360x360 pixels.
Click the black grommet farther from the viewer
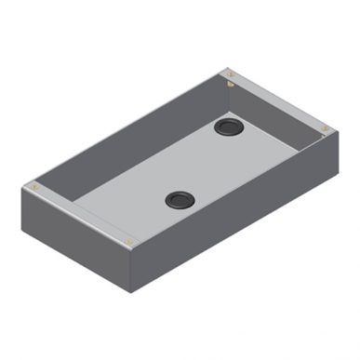coord(227,126)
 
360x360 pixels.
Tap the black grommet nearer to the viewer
coord(177,198)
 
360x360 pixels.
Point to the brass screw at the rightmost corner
coord(324,128)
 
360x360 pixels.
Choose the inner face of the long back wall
coord(130,140)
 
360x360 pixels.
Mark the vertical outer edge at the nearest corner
coord(129,265)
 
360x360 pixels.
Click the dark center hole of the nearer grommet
coord(177,198)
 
